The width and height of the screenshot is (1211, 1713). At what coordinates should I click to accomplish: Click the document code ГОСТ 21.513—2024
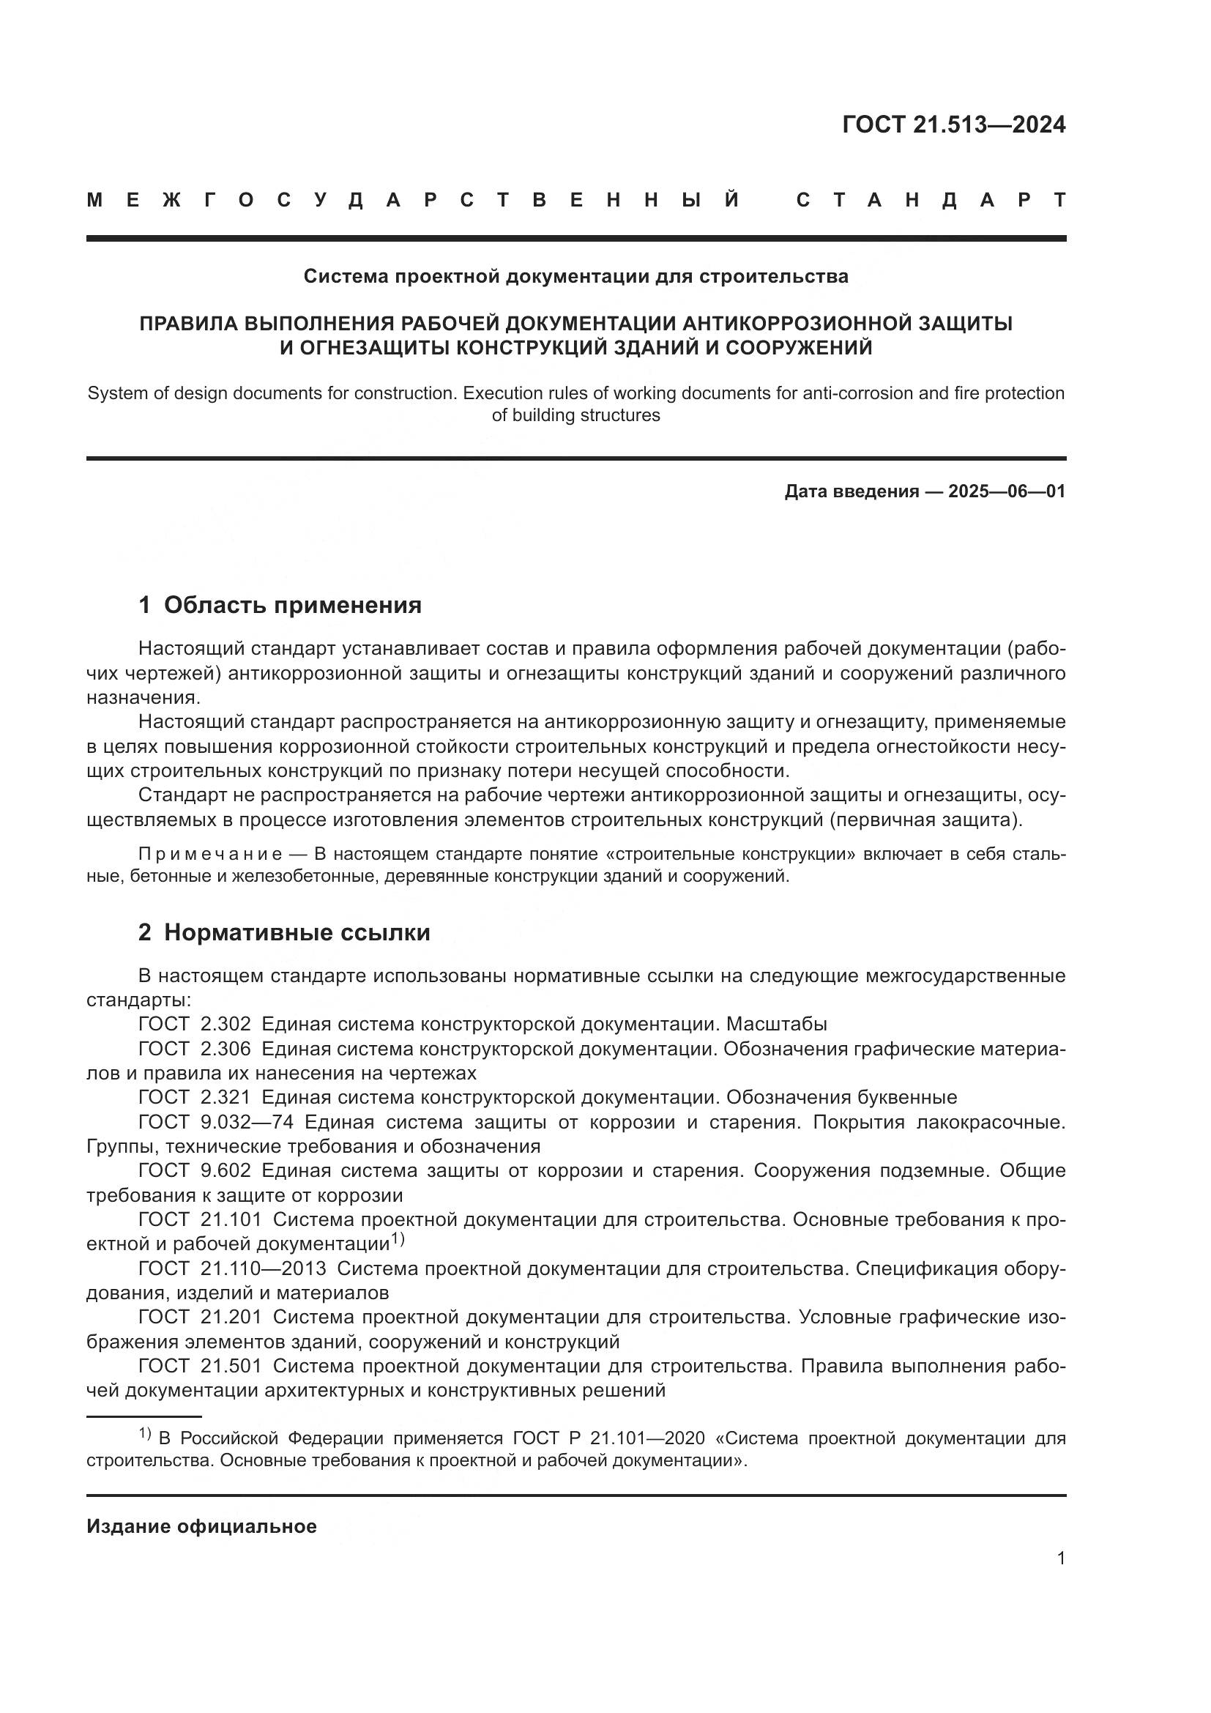[x=954, y=125]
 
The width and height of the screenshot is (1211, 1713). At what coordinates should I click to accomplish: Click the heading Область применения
[x=292, y=605]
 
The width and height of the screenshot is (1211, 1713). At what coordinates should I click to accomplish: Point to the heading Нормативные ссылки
[x=297, y=932]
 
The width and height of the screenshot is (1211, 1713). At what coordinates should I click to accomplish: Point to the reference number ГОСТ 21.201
[x=200, y=1317]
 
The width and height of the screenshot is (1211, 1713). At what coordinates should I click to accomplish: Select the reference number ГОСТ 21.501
[x=200, y=1366]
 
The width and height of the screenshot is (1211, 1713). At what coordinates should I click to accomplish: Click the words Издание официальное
[x=201, y=1526]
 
